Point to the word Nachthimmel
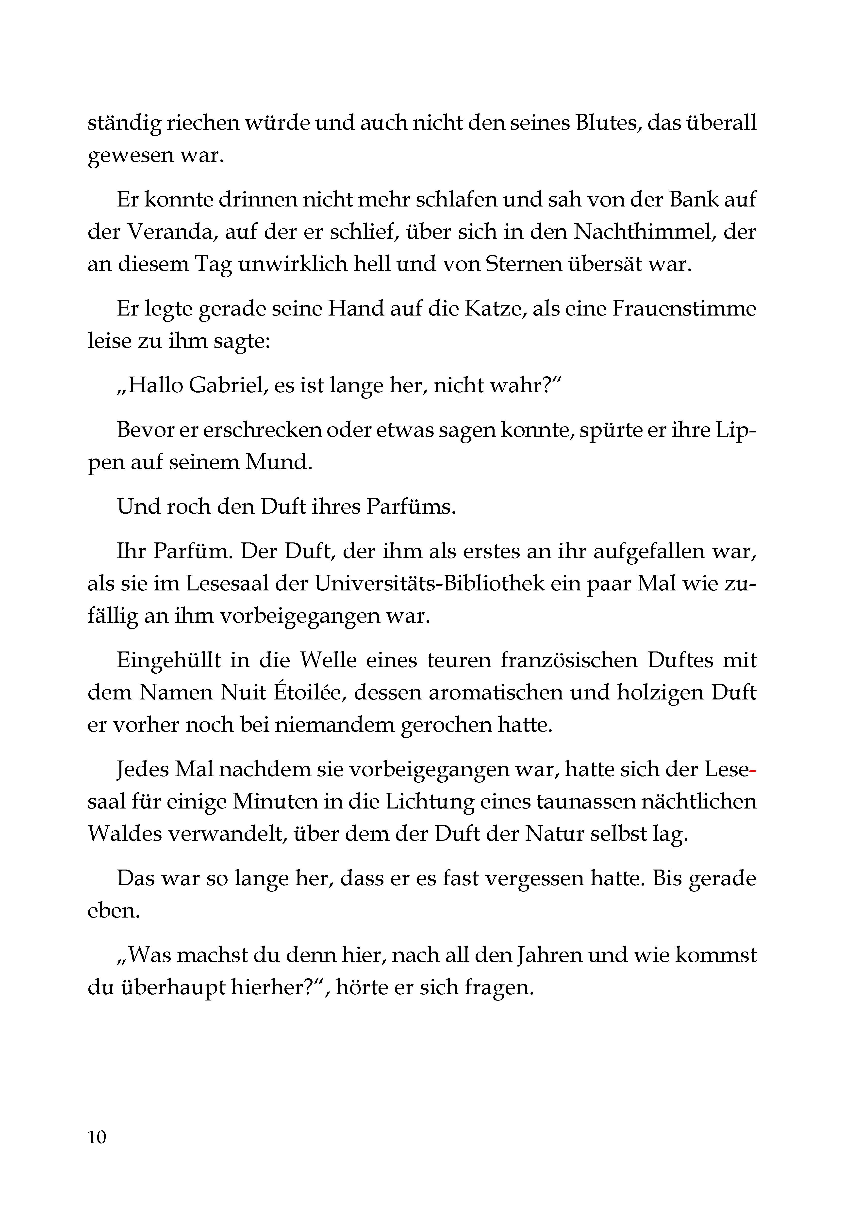642,232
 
